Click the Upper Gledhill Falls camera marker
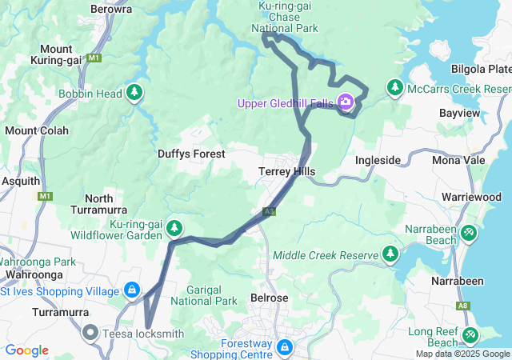pos(346,102)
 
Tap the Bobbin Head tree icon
pos(135,94)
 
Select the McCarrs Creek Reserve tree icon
pos(394,87)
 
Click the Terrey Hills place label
pos(287,171)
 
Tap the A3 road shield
pos(269,212)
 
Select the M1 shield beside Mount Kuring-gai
pos(95,58)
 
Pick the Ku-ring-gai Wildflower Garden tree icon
pos(174,230)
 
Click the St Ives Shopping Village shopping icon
pos(132,290)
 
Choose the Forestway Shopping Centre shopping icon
pos(285,348)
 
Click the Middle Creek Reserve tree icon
pos(390,254)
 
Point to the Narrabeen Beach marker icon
pos(469,232)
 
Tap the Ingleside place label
pos(378,160)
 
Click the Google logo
pos(26,350)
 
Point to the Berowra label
pos(111,9)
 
